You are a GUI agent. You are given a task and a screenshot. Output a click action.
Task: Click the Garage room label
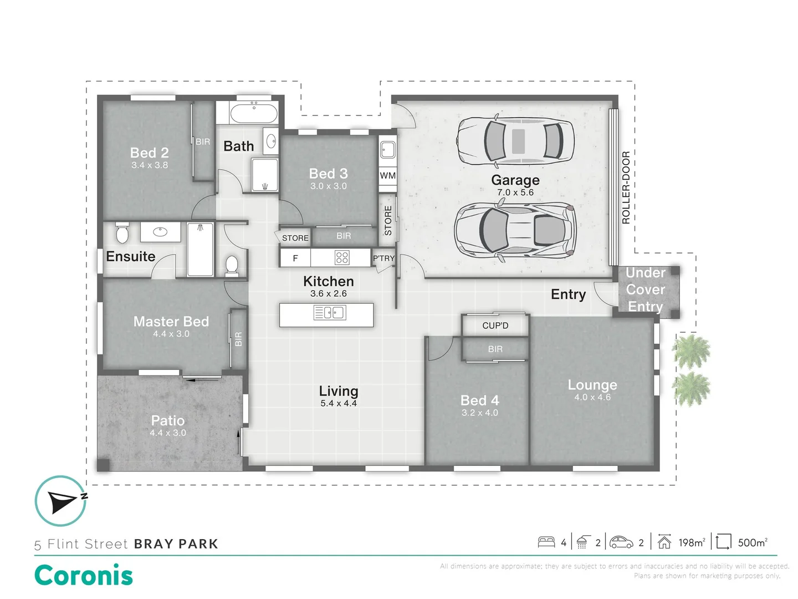(515, 180)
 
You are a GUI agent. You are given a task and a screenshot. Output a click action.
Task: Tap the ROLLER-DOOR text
(626, 187)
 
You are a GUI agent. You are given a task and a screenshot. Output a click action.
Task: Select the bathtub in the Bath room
(254, 114)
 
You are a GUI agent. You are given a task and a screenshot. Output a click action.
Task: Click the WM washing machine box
(387, 176)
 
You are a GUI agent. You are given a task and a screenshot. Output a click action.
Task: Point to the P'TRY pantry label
(383, 258)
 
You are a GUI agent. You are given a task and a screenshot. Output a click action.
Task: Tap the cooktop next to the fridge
(342, 257)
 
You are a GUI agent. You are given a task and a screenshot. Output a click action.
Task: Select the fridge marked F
(295, 258)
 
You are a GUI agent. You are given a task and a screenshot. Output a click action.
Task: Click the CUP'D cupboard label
(495, 326)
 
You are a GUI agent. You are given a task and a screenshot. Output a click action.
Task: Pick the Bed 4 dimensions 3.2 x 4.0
(479, 413)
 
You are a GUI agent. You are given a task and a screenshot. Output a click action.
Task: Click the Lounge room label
(592, 385)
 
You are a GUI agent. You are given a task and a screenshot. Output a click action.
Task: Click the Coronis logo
(84, 575)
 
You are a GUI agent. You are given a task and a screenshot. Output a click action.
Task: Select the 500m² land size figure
(753, 542)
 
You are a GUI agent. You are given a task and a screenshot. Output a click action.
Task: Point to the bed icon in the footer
(546, 542)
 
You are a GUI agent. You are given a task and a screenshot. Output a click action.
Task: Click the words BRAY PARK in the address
(176, 544)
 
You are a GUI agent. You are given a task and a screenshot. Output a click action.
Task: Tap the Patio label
(167, 420)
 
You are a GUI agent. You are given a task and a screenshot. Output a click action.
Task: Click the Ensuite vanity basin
(160, 232)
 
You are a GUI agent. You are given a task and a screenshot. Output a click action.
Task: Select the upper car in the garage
(515, 141)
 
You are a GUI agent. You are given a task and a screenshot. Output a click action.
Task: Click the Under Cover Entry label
(645, 290)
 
